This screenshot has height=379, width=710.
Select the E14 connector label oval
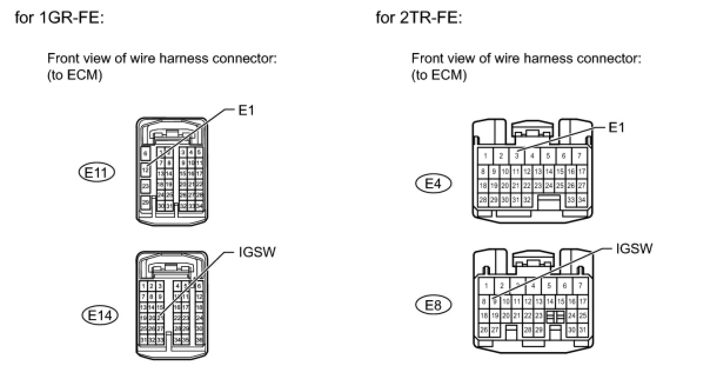99,314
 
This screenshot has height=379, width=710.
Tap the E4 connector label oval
433,184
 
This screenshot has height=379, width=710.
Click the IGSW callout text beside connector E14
257,252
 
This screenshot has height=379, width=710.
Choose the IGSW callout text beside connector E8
634,248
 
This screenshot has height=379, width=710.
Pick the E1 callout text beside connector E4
617,127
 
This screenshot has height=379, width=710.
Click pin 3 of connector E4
516,156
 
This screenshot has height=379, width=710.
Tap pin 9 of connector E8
495,301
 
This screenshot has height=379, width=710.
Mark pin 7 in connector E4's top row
579,156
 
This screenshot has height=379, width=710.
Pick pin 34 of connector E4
581,200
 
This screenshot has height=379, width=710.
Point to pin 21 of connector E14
159,318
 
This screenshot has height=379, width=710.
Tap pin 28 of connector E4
483,200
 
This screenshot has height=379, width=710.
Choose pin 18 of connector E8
484,315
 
